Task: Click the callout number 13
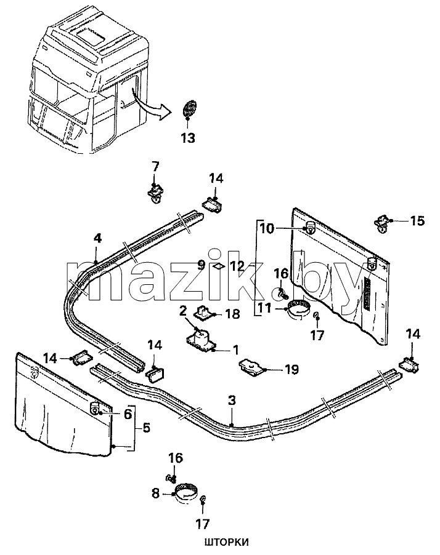[188, 138]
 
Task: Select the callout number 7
[155, 166]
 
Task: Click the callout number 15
[417, 221]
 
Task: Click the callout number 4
[97, 239]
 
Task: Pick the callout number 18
[233, 314]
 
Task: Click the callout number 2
[183, 312]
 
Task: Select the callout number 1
[235, 350]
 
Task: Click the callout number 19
[291, 369]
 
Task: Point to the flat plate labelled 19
[252, 368]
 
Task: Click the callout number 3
[232, 401]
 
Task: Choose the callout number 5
[146, 428]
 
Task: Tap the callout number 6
[128, 413]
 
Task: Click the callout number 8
[156, 493]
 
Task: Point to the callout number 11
[265, 308]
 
